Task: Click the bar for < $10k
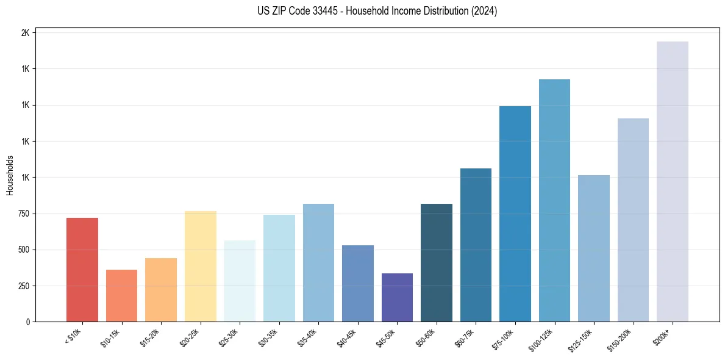[x=82, y=270]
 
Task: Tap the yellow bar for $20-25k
[x=200, y=266]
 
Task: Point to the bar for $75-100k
[x=515, y=214]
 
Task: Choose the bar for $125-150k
[x=593, y=248]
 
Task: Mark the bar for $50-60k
[x=436, y=262]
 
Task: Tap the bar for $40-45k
[x=357, y=283]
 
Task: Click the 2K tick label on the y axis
[x=25, y=33]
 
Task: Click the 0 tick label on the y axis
[x=27, y=322]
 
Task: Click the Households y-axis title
[x=10, y=175]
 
